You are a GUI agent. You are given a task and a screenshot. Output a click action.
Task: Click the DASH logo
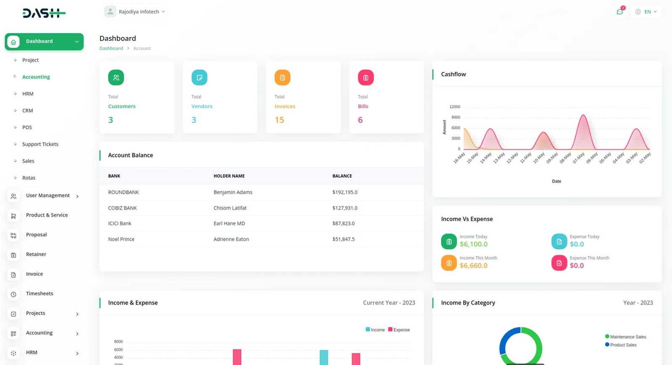click(44, 13)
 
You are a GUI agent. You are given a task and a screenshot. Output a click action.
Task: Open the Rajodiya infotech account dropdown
click(135, 12)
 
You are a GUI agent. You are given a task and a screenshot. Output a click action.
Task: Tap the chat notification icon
click(619, 12)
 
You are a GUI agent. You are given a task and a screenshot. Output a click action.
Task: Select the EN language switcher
click(646, 12)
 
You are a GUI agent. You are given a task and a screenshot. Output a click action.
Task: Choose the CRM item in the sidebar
click(27, 110)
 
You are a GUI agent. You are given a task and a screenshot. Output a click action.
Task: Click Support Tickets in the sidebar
click(40, 144)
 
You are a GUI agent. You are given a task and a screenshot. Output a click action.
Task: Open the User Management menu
click(48, 196)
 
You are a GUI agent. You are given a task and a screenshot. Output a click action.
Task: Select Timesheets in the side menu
click(39, 294)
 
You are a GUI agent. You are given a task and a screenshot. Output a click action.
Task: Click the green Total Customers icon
click(116, 78)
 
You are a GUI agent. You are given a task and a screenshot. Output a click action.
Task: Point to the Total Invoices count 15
click(279, 120)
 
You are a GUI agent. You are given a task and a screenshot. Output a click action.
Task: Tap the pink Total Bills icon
click(365, 78)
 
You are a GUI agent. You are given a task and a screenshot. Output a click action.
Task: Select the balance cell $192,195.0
click(345, 192)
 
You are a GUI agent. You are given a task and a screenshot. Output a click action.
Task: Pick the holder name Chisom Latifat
click(230, 208)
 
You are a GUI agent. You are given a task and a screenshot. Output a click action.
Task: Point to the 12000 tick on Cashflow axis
click(454, 107)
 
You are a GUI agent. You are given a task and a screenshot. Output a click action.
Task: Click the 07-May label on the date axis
click(579, 158)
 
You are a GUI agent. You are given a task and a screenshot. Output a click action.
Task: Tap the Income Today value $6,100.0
click(473, 244)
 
